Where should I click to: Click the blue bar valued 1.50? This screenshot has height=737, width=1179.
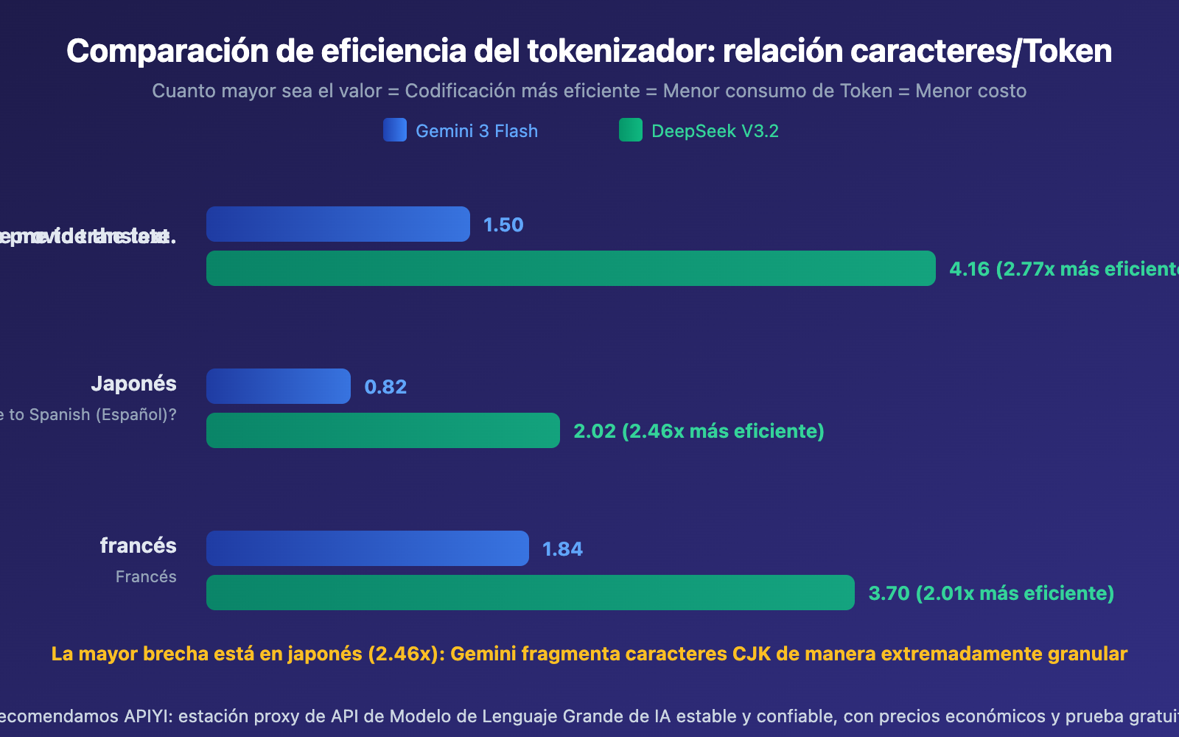click(x=337, y=224)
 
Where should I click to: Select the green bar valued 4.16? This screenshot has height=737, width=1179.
click(x=570, y=268)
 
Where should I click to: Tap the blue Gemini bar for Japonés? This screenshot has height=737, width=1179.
click(x=278, y=386)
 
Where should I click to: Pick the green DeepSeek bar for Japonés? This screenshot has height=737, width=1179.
click(x=382, y=430)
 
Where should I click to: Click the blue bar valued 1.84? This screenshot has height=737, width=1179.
click(x=367, y=548)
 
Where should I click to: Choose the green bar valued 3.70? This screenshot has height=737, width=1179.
click(x=530, y=593)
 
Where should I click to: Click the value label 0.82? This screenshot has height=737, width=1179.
click(x=385, y=387)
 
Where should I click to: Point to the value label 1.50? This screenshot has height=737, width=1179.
click(x=503, y=225)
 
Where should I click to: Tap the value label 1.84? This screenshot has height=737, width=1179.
click(x=562, y=549)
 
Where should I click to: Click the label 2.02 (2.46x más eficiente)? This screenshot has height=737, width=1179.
click(x=699, y=431)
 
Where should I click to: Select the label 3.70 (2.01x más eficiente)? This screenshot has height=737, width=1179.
click(x=991, y=593)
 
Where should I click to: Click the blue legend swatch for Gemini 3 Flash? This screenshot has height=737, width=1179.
click(x=395, y=130)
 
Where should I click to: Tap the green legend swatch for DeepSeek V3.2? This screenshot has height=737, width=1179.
click(x=631, y=130)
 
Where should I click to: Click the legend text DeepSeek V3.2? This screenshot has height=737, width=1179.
click(x=715, y=131)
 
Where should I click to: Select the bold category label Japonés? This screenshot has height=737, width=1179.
click(x=133, y=384)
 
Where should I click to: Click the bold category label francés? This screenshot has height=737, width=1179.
click(x=138, y=546)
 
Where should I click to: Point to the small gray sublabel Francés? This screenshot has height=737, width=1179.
click(x=146, y=577)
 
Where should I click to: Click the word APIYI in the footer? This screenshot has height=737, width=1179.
click(x=147, y=716)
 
